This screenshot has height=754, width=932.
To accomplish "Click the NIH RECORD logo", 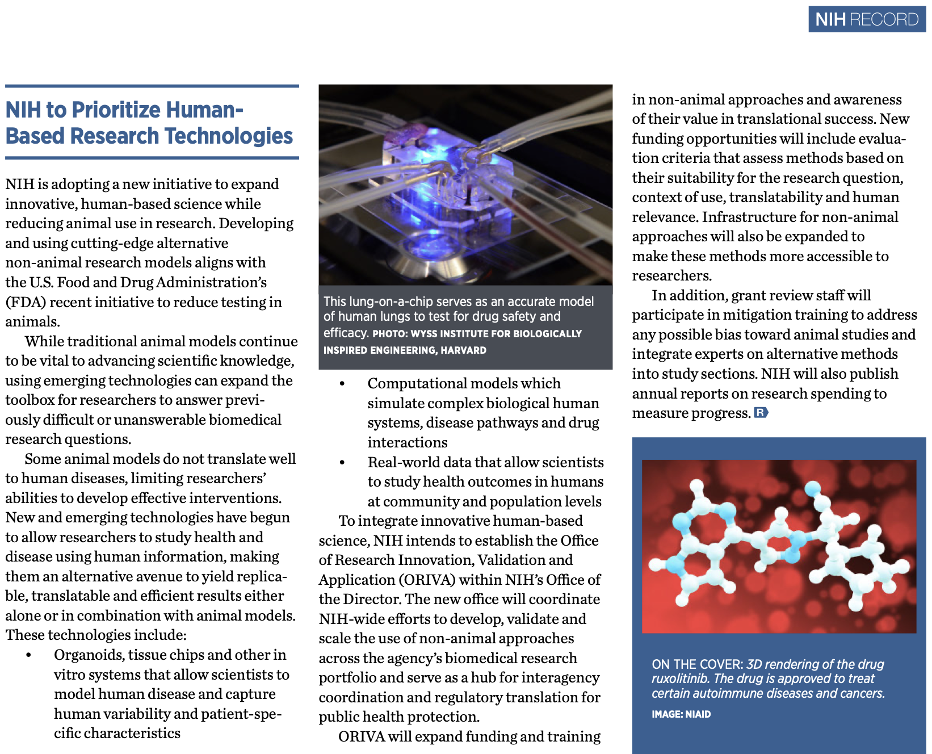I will tap(866, 19).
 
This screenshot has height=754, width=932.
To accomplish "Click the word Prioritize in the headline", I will tap(116, 110).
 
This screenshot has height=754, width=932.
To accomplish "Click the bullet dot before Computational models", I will tap(342, 384).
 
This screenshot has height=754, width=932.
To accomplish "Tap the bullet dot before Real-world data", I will tap(342, 463).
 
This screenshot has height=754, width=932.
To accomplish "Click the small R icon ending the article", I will tap(761, 413).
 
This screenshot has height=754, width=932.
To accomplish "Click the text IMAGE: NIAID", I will tap(681, 714).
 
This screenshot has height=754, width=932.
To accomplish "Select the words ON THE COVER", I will tap(697, 664).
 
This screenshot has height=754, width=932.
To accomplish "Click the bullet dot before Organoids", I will tap(29, 656).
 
